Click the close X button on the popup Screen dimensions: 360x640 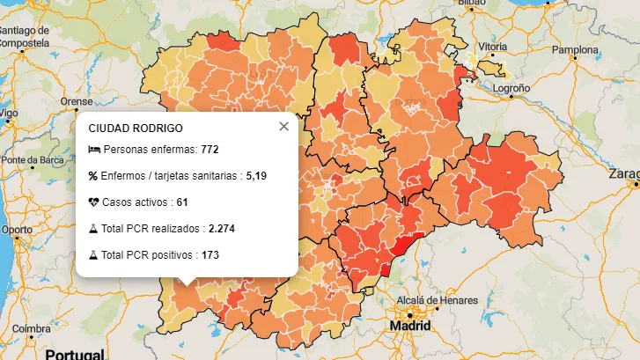point(283,127)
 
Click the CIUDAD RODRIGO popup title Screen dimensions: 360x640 point(136,129)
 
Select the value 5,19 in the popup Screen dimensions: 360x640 point(256,176)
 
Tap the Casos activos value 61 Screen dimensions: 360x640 point(182,202)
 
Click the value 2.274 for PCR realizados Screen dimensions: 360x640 point(222,229)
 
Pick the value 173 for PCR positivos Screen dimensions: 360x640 point(210,255)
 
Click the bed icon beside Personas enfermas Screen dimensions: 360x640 point(94,150)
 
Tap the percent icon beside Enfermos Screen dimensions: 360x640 point(93,176)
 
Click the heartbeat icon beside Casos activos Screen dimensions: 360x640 point(94,202)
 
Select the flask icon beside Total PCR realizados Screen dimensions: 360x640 point(93,229)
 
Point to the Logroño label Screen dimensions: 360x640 point(511,89)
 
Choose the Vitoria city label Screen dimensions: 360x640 point(492,46)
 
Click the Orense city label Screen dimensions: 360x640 point(77,101)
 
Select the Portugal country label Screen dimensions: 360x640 point(75,354)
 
